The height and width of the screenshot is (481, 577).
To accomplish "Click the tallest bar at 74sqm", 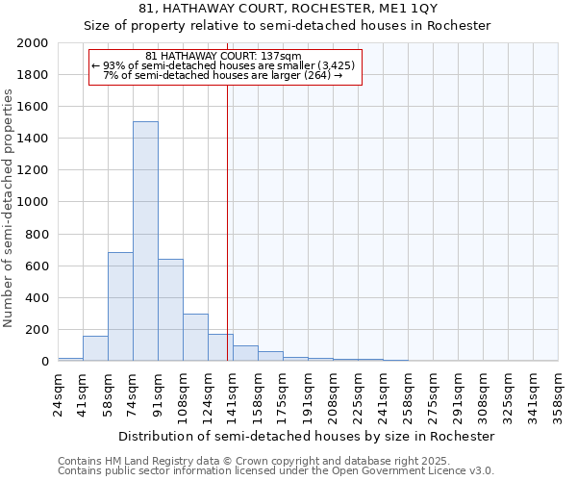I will point(145,240).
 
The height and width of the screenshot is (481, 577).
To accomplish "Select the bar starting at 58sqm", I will point(120,306).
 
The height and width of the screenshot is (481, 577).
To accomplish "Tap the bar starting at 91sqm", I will point(170,310).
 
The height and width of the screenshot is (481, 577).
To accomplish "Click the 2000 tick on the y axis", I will point(33,43).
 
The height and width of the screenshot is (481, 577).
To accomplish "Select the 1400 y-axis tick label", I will point(33,139).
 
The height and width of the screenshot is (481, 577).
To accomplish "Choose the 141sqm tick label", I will point(233,394).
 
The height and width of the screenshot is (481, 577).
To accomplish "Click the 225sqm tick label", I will point(358,394).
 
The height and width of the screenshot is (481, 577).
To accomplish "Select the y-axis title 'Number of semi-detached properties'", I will point(9,208).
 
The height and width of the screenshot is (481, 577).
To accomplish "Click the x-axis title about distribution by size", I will point(307,436).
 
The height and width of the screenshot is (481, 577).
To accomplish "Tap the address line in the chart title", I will point(288,9).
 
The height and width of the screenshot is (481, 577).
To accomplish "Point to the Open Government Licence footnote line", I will point(276,471).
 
